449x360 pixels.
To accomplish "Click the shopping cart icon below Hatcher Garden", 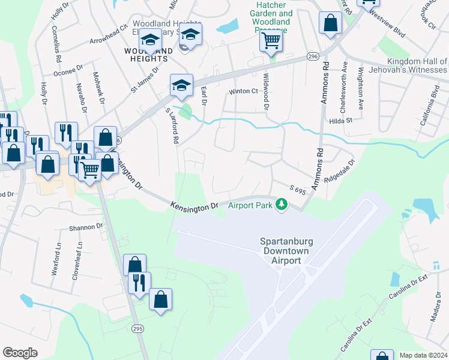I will tap(271, 41).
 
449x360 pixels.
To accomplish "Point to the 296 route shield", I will tap(312, 56).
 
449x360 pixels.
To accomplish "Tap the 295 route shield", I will tap(137, 329).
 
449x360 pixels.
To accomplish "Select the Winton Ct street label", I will tap(243, 92).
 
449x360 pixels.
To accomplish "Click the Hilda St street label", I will tap(340, 120).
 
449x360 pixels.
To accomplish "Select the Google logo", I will tap(20, 352).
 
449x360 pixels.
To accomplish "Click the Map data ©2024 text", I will tap(423, 355).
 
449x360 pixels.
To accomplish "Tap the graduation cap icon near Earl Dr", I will tap(181, 85).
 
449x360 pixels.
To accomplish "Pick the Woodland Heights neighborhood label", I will tap(145, 55).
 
